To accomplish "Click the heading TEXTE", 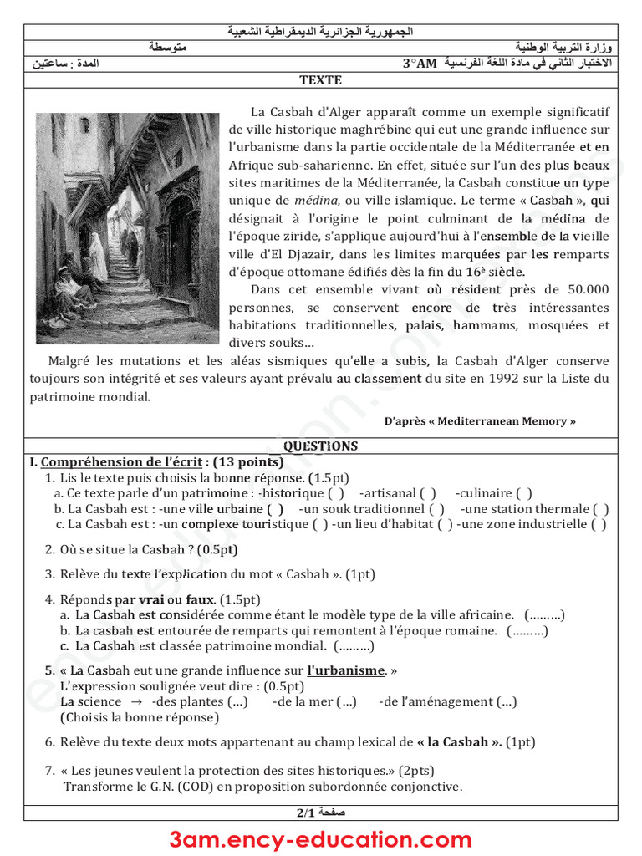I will (321, 80).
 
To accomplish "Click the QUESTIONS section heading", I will (320, 446).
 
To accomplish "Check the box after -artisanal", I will (428, 493).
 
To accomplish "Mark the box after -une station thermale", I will (600, 509).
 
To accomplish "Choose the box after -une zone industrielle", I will (599, 525).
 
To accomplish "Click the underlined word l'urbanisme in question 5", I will (345, 670).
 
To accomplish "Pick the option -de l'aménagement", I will (447, 701).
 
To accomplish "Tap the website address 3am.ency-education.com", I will (320, 839).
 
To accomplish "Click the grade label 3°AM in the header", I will (420, 64).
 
